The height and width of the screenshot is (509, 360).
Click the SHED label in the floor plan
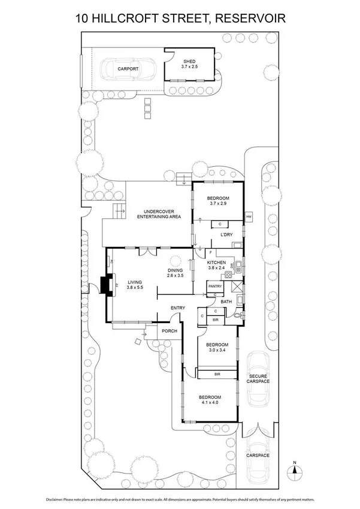189,61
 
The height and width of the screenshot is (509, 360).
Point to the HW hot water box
249,216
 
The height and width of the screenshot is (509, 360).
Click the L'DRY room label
226,234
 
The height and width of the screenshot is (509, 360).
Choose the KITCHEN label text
216,263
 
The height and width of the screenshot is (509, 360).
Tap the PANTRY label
215,287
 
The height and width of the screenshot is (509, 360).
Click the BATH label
226,302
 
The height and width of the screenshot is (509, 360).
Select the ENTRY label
177,308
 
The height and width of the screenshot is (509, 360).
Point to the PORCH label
167,330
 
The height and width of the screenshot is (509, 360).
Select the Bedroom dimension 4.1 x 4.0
210,403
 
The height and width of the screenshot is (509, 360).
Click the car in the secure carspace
259,380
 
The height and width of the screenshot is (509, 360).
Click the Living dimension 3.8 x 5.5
135,288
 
